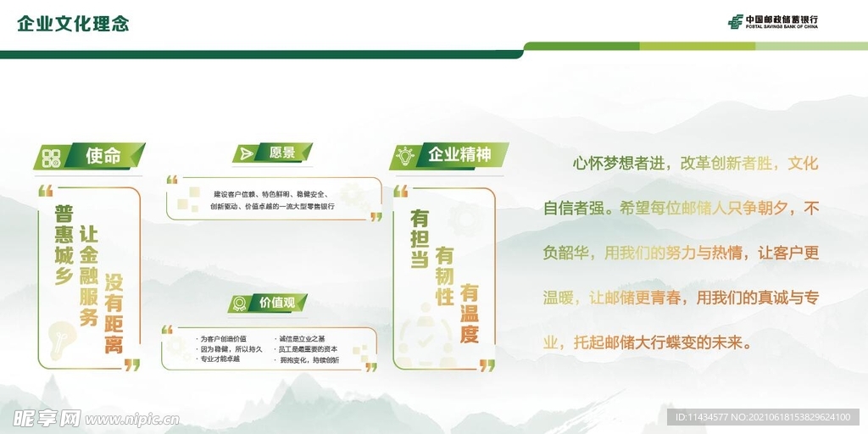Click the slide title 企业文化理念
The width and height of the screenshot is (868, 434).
coord(73,24)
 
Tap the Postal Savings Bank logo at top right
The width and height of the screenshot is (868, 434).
coord(772,22)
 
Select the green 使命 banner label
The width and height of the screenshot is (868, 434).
coord(103,156)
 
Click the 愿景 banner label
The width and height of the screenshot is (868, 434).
coord(282,153)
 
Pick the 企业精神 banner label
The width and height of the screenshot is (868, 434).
coord(459,155)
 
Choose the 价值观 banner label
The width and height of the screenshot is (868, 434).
coord(276,303)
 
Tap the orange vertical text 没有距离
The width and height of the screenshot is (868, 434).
coord(114,313)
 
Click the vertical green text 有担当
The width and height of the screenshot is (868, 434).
coord(420,240)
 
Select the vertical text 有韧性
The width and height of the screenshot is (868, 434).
coord(444,276)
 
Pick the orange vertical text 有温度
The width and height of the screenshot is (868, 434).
coord(470,313)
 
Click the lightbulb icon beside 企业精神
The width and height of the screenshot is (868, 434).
coord(405,156)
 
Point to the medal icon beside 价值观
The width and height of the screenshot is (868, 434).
coord(240,303)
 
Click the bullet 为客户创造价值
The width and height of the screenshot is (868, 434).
coord(222,338)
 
